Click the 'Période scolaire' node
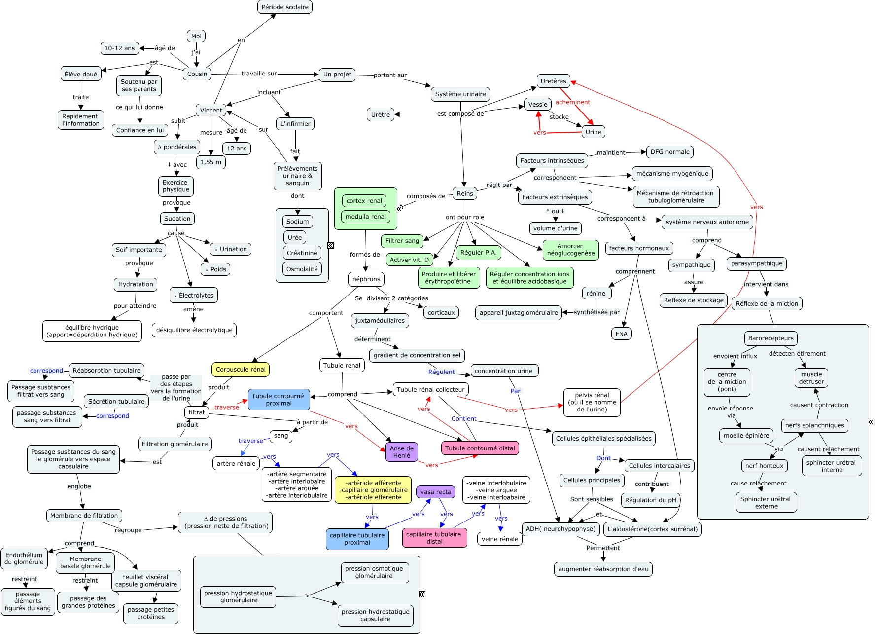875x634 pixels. pos(285,7)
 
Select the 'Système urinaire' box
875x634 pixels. pos(460,94)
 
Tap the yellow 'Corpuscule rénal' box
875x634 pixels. pos(241,369)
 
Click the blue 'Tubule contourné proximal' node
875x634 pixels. pos(279,399)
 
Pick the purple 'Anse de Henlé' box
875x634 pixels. pos(402,451)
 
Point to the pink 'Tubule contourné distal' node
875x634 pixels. pos(480,448)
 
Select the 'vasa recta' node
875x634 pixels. pos(436,491)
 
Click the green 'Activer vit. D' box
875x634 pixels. pos(409,260)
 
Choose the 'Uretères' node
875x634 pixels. pos(553,81)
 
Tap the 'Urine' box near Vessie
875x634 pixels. pos(593,132)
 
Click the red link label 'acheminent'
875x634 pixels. pos(572,102)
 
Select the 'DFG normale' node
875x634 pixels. pos(669,151)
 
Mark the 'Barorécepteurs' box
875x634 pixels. pos(770,338)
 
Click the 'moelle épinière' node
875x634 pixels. pos(746,435)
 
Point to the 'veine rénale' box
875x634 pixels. pos(499,539)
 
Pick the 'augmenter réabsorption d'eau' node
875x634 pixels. pos(603,569)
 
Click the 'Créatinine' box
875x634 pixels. pos(302,253)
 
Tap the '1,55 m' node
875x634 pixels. pos(211,162)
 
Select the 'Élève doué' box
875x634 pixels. pos(81,74)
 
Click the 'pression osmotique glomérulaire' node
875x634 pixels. pos(374,572)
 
